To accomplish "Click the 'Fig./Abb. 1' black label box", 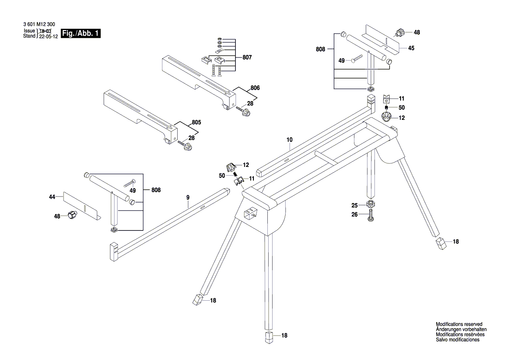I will (81, 34).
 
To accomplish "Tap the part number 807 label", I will (247, 58).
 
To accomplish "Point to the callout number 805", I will (196, 122).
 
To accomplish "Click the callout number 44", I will (52, 197).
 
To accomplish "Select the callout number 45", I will (411, 48).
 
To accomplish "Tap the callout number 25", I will (354, 205).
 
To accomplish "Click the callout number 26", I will (354, 214).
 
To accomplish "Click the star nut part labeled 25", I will (371, 204).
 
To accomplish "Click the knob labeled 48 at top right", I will (399, 33).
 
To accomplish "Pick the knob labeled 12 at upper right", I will (387, 117).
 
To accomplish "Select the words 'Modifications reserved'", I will (459, 324).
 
